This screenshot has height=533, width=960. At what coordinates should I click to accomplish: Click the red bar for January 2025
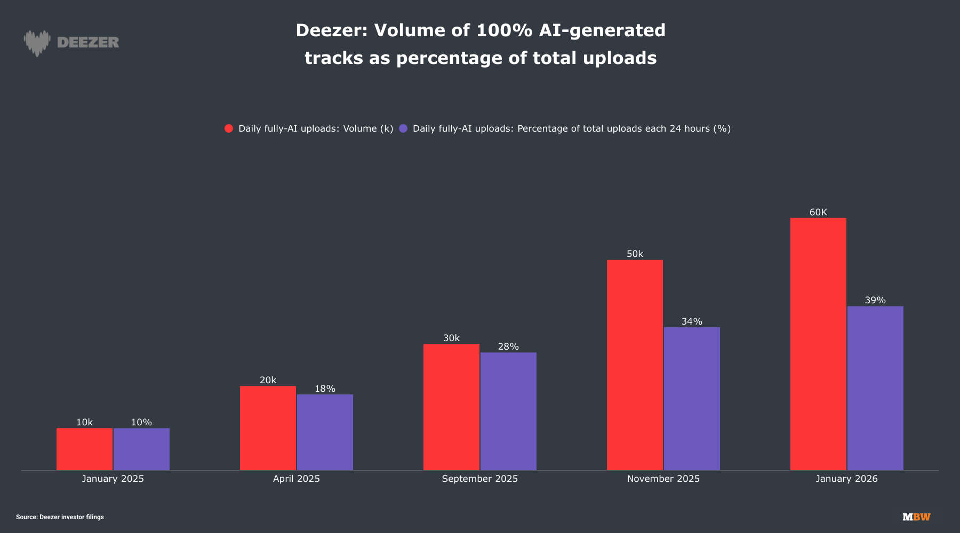(84, 449)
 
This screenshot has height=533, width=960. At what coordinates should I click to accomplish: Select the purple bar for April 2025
(325, 432)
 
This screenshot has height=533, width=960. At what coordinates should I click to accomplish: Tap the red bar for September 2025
(451, 407)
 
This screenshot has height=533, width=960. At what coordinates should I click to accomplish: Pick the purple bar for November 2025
(692, 399)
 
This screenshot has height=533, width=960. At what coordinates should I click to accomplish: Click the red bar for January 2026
(818, 344)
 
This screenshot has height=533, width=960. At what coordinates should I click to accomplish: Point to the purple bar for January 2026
(875, 388)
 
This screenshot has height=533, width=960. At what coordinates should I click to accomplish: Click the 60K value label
(818, 212)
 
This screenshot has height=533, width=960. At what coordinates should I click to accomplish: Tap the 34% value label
(692, 321)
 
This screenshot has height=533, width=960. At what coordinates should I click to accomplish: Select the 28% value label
(508, 346)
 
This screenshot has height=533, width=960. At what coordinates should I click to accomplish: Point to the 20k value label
(268, 380)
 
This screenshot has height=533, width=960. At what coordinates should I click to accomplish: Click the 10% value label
(141, 422)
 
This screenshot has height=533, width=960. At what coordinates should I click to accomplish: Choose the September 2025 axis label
(480, 479)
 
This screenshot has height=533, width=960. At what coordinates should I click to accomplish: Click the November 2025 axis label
(663, 479)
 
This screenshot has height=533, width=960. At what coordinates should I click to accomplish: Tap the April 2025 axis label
(297, 479)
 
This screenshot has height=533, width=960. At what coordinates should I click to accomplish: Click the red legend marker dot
(229, 128)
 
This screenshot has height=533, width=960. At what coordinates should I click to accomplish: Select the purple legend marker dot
(403, 128)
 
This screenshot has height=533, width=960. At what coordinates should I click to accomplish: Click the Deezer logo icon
(37, 43)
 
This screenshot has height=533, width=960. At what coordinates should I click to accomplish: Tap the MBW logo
(916, 517)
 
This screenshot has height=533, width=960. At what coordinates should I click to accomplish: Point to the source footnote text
(60, 517)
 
